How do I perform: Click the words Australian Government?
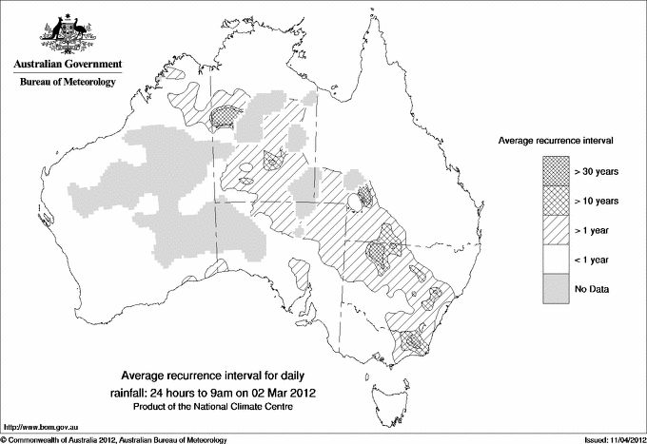pos(68,65)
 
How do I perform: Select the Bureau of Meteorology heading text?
pos(68,83)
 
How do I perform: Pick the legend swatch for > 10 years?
pos(555,200)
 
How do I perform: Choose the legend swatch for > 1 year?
pos(555,229)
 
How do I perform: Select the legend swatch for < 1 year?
pos(555,259)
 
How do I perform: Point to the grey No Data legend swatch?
pos(555,288)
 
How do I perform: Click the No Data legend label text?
pos(591,288)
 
